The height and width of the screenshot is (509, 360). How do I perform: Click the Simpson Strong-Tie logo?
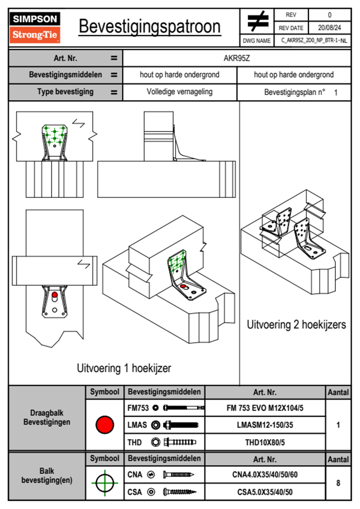point(35,28)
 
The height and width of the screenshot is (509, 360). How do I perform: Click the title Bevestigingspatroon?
point(149,27)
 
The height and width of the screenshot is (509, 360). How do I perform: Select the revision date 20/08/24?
point(329,28)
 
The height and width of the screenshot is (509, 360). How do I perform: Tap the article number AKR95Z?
point(237,58)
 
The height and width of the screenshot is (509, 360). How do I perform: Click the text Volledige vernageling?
point(179,92)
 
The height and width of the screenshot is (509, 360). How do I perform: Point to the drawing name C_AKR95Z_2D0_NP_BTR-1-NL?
point(314,41)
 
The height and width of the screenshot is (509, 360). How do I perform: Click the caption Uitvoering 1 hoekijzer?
point(124,368)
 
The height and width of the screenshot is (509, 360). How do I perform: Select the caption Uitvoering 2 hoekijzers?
point(296,324)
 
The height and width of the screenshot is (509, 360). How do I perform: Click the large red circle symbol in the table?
point(105,425)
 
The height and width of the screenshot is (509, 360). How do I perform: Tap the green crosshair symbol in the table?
point(105,483)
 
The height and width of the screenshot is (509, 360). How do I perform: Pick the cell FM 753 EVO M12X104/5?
point(265,408)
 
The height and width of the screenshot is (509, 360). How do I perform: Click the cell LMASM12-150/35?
point(265,425)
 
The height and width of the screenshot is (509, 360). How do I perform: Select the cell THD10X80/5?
point(265,442)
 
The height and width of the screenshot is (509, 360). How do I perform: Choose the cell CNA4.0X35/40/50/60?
point(265,475)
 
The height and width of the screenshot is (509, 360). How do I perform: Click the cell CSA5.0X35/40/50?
point(265,492)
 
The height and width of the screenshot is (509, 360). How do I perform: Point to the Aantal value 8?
point(338,483)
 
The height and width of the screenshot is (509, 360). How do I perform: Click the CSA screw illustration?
point(179,492)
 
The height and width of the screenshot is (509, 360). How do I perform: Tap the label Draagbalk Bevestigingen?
point(47,417)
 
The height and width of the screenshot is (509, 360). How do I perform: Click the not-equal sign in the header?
point(257,21)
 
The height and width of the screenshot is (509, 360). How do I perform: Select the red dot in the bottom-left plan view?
point(54,295)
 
